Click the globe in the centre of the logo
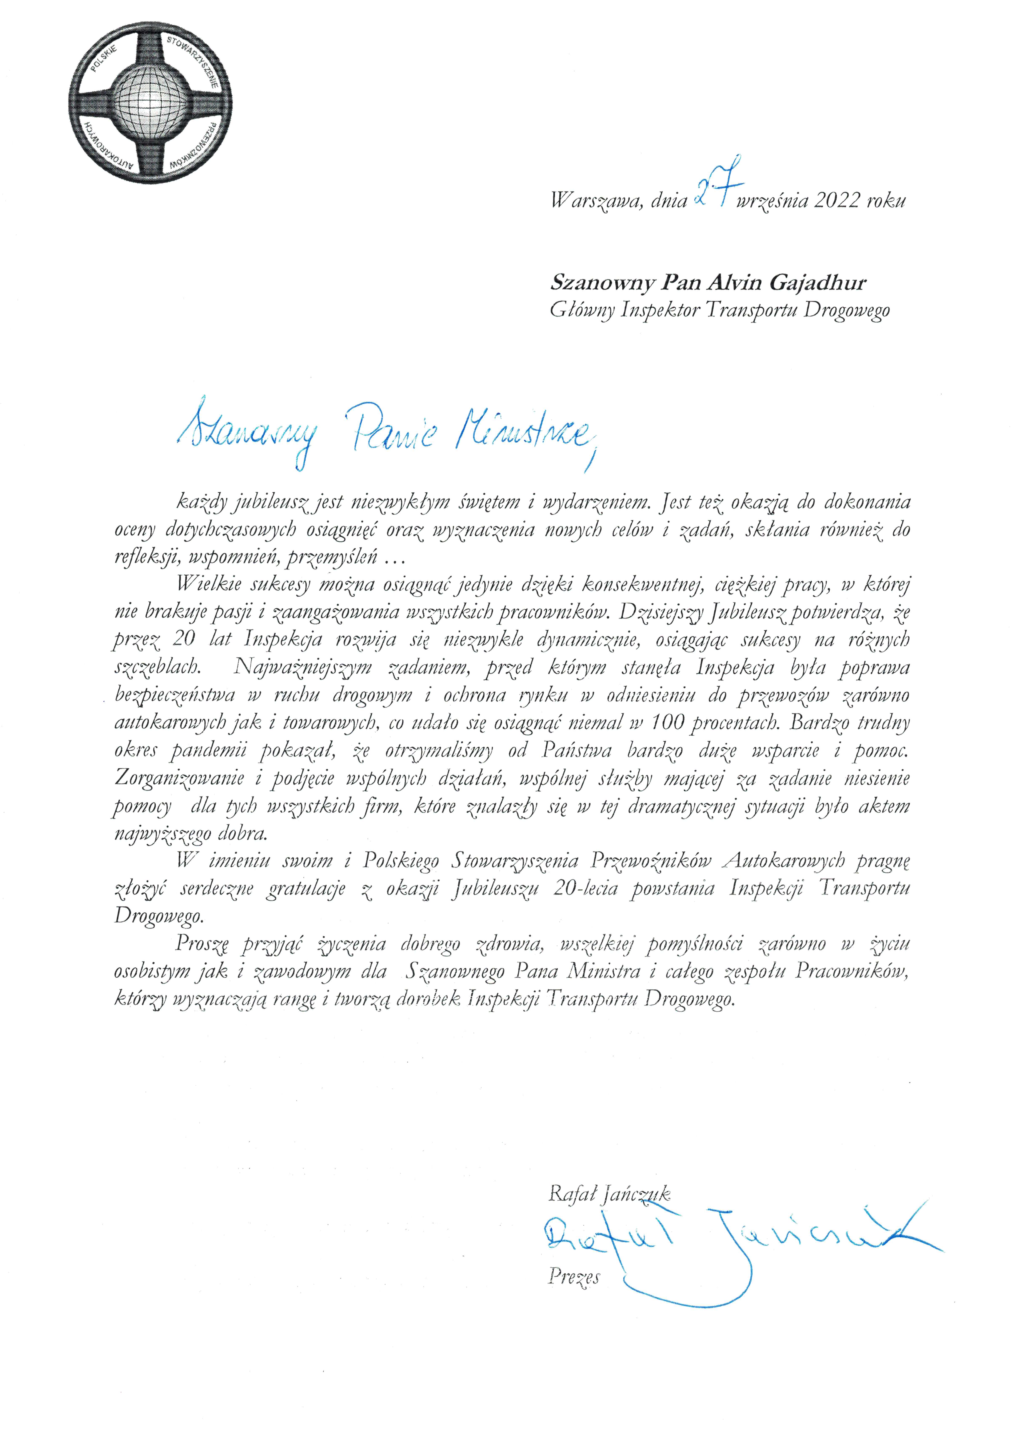coord(150,100)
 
